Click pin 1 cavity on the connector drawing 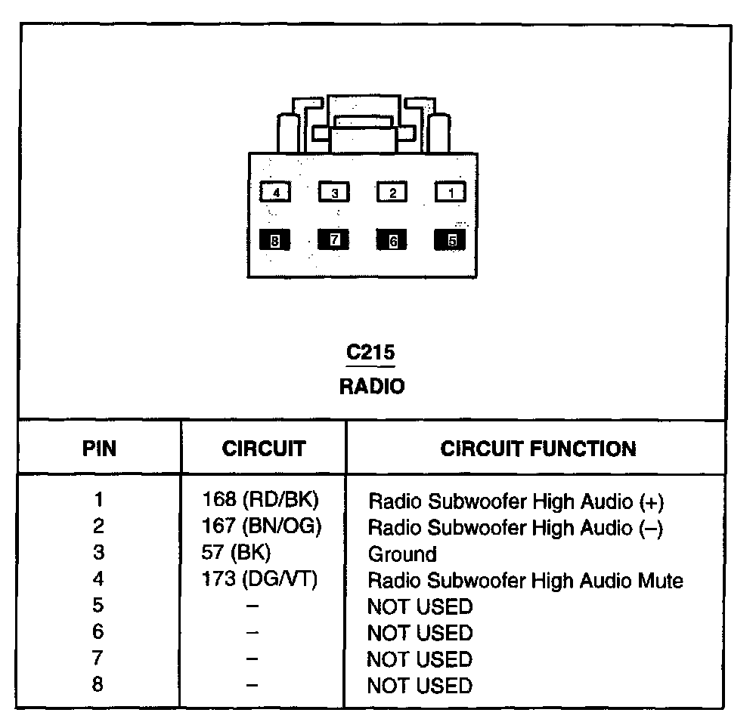[451, 193]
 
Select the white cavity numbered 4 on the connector [276, 193]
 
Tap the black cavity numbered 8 [274, 241]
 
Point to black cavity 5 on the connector [451, 241]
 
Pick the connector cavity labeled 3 [334, 193]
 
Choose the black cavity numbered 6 [392, 241]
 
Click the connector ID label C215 [370, 353]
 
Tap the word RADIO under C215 [371, 387]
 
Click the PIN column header [99, 449]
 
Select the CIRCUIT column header [263, 449]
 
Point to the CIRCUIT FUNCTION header [538, 449]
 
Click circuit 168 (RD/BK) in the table [261, 500]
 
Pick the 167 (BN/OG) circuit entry [262, 526]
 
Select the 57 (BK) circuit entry [236, 553]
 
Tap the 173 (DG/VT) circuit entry [260, 579]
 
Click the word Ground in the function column [401, 554]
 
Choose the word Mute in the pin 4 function [657, 581]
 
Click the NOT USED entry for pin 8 [419, 686]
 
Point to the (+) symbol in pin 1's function [651, 501]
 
